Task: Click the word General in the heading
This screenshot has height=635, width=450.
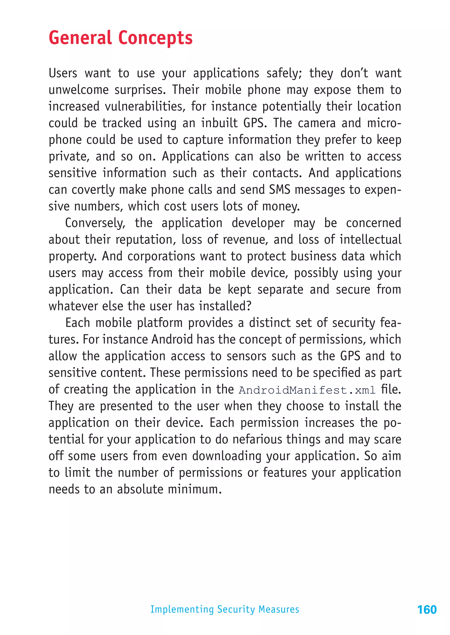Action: coord(80,38)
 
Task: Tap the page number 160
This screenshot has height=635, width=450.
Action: coord(427,610)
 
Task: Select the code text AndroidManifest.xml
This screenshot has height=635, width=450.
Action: coord(307,390)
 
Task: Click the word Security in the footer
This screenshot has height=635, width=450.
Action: coord(236,609)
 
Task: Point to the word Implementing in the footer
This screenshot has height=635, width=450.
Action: coord(182,609)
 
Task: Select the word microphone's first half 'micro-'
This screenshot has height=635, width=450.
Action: coord(384,123)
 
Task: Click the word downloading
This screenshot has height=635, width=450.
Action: coord(227,456)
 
